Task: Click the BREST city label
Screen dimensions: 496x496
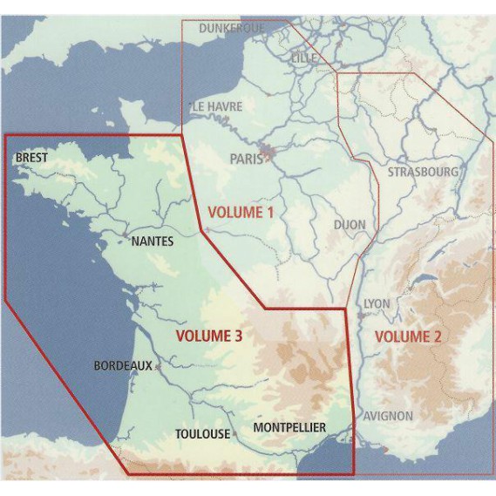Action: click(x=31, y=158)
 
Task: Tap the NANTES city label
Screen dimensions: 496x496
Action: click(x=152, y=241)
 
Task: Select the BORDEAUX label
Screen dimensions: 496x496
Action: click(x=123, y=366)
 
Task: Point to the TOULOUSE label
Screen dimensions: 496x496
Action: click(x=202, y=433)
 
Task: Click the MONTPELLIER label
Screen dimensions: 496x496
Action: click(x=289, y=427)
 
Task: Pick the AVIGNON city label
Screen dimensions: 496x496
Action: click(x=388, y=416)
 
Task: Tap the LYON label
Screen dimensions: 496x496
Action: click(x=377, y=302)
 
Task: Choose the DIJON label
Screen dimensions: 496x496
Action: click(x=350, y=224)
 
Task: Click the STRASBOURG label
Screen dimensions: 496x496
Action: click(x=423, y=172)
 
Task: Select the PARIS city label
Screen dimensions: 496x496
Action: click(x=247, y=159)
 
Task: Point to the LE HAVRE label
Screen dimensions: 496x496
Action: click(x=217, y=106)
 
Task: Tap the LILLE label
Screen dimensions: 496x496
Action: click(x=304, y=58)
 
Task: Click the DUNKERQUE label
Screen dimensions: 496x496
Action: click(x=231, y=29)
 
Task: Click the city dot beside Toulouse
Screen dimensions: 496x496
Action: click(x=235, y=432)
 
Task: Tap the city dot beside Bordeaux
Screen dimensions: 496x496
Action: click(x=157, y=367)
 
